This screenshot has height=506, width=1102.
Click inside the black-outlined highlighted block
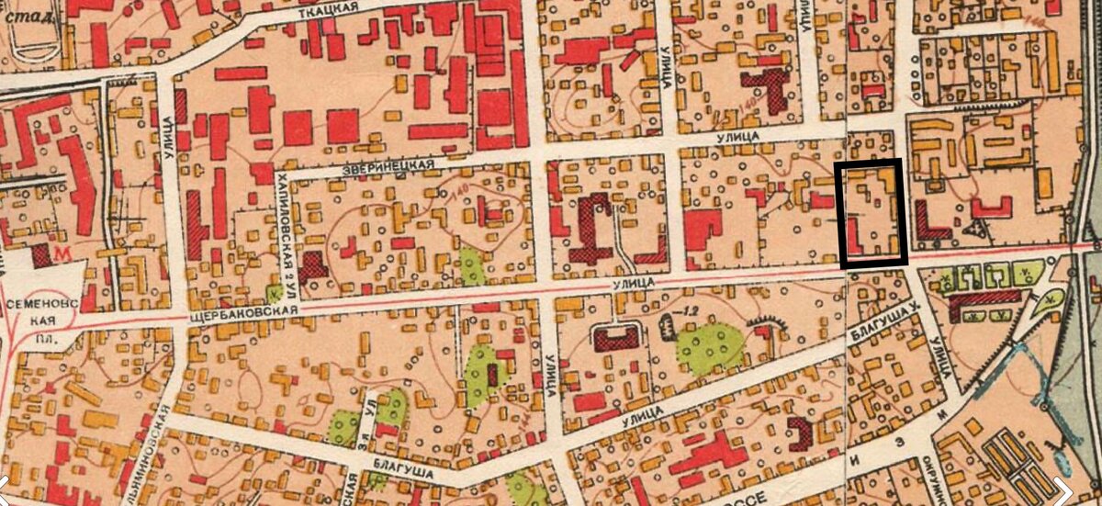coord(873,213)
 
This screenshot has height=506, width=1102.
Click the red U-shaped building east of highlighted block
coord(991,208)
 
